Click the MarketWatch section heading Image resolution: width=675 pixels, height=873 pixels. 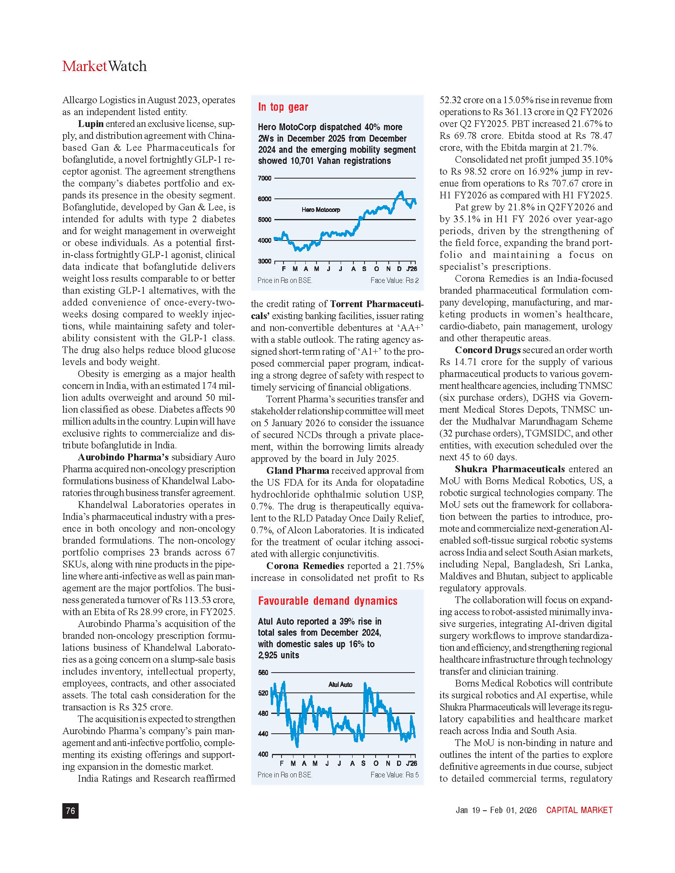pos(104,66)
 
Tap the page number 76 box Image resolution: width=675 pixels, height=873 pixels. pos(70,810)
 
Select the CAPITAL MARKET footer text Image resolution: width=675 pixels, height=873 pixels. pos(579,810)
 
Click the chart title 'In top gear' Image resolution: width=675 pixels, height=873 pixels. pos(283,107)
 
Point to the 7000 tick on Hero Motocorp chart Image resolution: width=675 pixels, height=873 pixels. pos(265,178)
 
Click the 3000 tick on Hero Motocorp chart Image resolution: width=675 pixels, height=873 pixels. pos(265,262)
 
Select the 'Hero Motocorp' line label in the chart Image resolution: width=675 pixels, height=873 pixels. pos(321,210)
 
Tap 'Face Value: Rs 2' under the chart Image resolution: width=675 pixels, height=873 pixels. pos(394,281)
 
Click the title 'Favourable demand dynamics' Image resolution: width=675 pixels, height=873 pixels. pos(328,601)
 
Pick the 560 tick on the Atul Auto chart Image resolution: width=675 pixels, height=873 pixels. pos(263,673)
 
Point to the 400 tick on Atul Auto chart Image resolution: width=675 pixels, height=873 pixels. pos(263,754)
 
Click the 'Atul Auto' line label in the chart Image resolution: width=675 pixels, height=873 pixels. pos(340,685)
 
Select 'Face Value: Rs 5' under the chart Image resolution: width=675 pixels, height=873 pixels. pos(394,775)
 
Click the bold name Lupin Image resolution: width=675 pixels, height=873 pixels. pos(91,124)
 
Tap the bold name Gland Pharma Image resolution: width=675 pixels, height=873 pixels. pos(297,471)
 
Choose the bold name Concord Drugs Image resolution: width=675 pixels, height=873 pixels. pos(488,350)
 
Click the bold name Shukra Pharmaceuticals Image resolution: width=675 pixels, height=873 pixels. pos(509,469)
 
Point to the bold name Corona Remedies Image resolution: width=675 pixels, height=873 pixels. pos(305,566)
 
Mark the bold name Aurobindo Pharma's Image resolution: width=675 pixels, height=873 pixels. pos(123,457)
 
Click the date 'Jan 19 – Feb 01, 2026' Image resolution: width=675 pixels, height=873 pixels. pos(496,810)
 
